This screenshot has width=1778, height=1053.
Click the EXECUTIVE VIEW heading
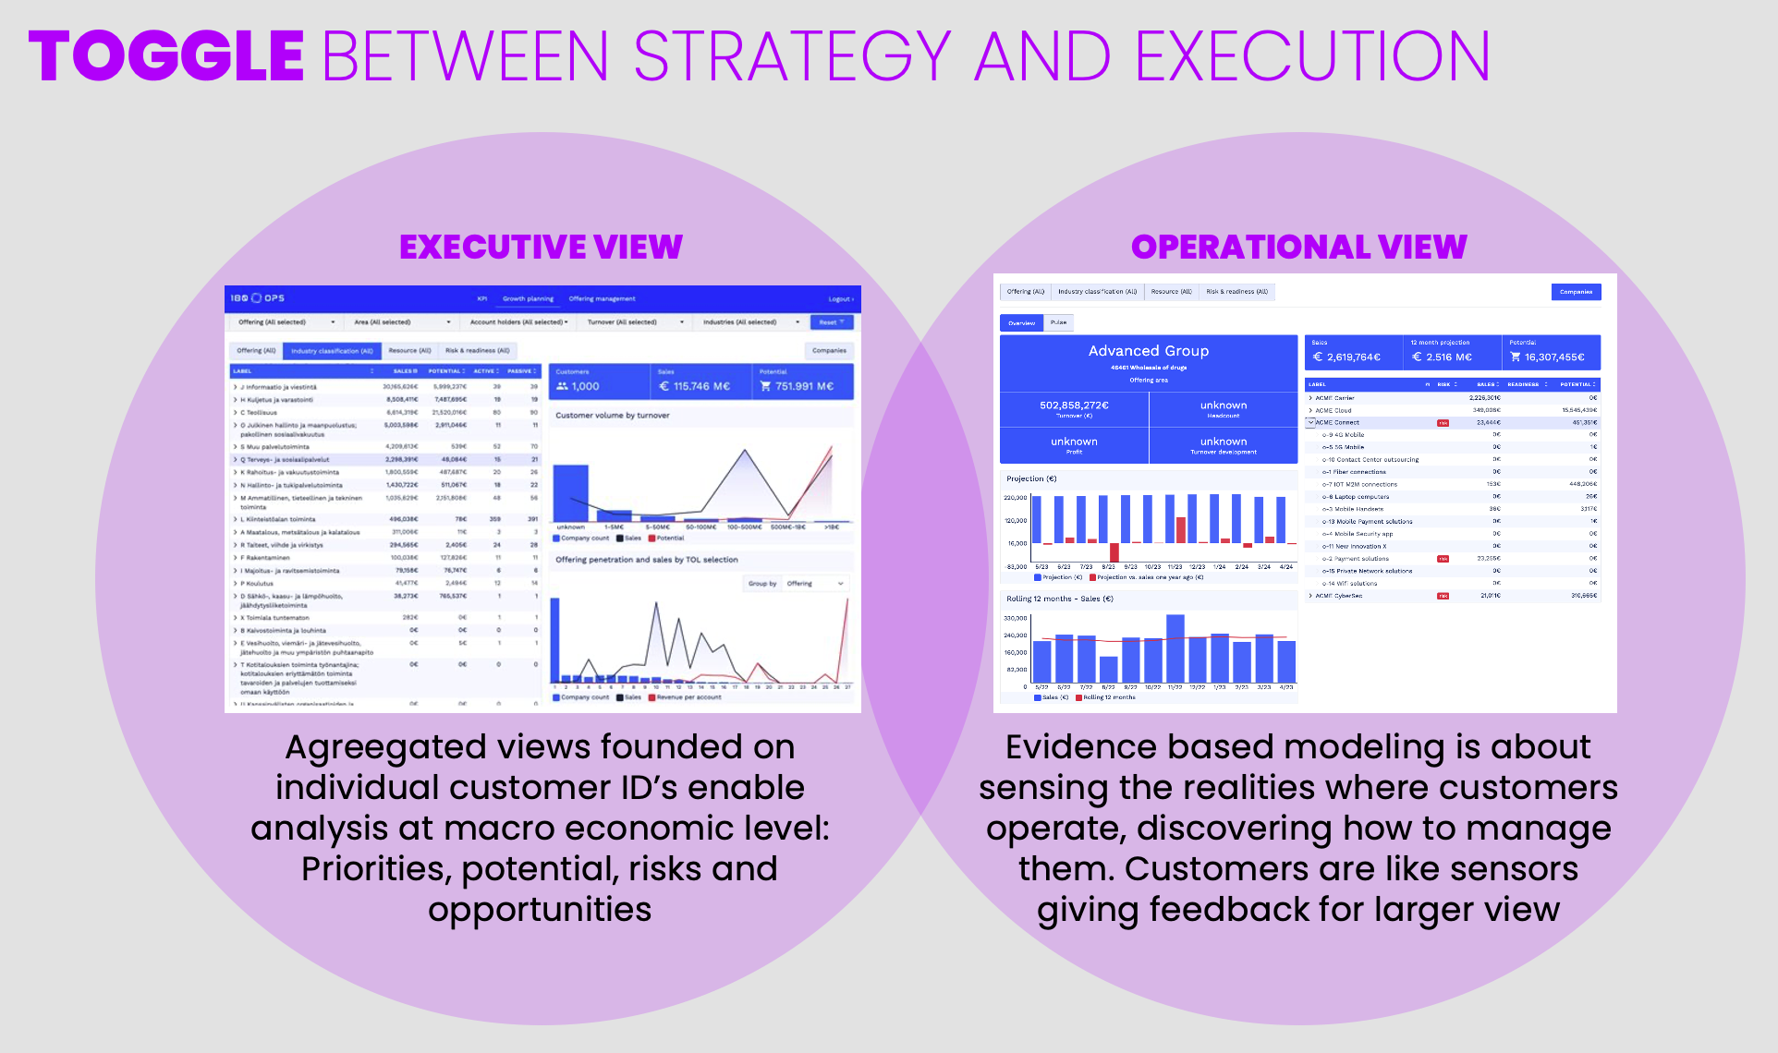541,247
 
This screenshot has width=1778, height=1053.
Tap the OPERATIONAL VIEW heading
1298,247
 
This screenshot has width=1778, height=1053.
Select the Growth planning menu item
528,299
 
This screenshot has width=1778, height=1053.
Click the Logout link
840,299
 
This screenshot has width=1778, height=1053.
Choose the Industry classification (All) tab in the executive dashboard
332,351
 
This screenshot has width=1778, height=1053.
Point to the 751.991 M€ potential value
804,386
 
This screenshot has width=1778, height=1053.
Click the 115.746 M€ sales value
701,386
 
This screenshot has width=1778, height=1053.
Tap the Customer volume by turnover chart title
612,416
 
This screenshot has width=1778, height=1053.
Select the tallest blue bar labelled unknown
570,493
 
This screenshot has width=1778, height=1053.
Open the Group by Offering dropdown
814,584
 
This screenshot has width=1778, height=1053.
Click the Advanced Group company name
1148,351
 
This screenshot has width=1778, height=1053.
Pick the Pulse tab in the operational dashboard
1058,322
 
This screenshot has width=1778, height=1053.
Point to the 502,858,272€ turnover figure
1074,405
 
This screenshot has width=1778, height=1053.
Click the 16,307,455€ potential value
1553,357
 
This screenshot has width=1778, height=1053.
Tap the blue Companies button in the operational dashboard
1576,292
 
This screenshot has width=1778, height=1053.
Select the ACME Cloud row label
1333,410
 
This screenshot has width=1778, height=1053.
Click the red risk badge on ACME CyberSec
1443,596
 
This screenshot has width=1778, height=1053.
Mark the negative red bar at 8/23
1114,552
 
